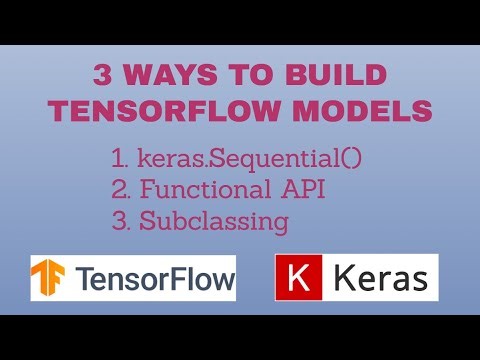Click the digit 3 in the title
(x=102, y=76)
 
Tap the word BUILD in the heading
(x=333, y=76)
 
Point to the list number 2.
(x=120, y=190)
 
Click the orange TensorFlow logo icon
(x=50, y=279)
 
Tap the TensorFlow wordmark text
(x=152, y=279)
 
